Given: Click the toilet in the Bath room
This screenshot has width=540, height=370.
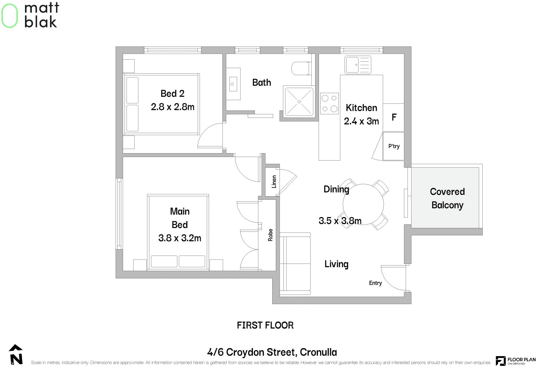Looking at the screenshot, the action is [x=301, y=68].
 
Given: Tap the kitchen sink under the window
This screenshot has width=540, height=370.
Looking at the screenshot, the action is [x=358, y=65].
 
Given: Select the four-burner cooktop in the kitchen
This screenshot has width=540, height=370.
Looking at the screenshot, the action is [x=329, y=103].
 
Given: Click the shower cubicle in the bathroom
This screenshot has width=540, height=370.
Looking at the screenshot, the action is [x=299, y=102].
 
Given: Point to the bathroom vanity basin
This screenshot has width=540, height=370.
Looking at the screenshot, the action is [x=233, y=84].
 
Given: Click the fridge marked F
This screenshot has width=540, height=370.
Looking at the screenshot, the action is [x=393, y=118].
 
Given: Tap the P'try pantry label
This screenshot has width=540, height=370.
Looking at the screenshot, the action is [x=394, y=146].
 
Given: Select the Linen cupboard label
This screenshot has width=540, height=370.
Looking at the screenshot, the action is [x=274, y=182].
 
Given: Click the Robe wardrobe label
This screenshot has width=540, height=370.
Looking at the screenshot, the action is [x=270, y=235].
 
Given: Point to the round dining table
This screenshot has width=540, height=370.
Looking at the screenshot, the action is [x=363, y=204].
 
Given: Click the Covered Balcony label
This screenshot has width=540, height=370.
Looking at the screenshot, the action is [x=447, y=198].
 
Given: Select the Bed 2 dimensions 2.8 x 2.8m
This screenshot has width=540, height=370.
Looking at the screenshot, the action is [x=173, y=107].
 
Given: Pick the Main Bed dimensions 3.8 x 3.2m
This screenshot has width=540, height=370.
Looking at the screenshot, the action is [x=180, y=238].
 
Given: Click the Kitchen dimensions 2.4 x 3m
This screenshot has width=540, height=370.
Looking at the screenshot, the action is [x=361, y=121].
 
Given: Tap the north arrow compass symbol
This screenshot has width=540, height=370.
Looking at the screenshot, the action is [x=16, y=355].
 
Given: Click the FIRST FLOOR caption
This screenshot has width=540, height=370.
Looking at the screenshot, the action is [x=265, y=325].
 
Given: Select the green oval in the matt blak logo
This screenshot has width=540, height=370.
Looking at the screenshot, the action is [x=10, y=16].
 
